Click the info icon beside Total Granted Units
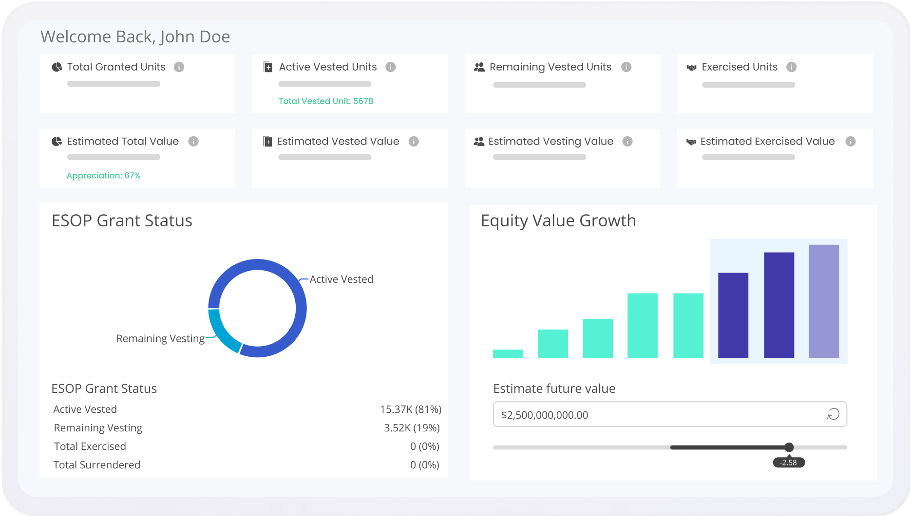179,67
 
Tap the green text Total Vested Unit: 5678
326,101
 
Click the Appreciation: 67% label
103,176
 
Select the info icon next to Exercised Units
791,67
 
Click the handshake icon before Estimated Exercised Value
691,142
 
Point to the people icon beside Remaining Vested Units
479,67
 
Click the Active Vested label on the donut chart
341,279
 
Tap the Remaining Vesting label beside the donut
160,338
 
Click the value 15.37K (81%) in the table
410,409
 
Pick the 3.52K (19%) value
412,428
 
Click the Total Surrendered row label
96,465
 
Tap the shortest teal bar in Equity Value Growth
508,353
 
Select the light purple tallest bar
823,302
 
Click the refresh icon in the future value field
833,414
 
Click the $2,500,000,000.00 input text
544,415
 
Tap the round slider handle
789,447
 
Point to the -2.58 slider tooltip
788,462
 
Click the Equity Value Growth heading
558,221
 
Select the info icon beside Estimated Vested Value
414,142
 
